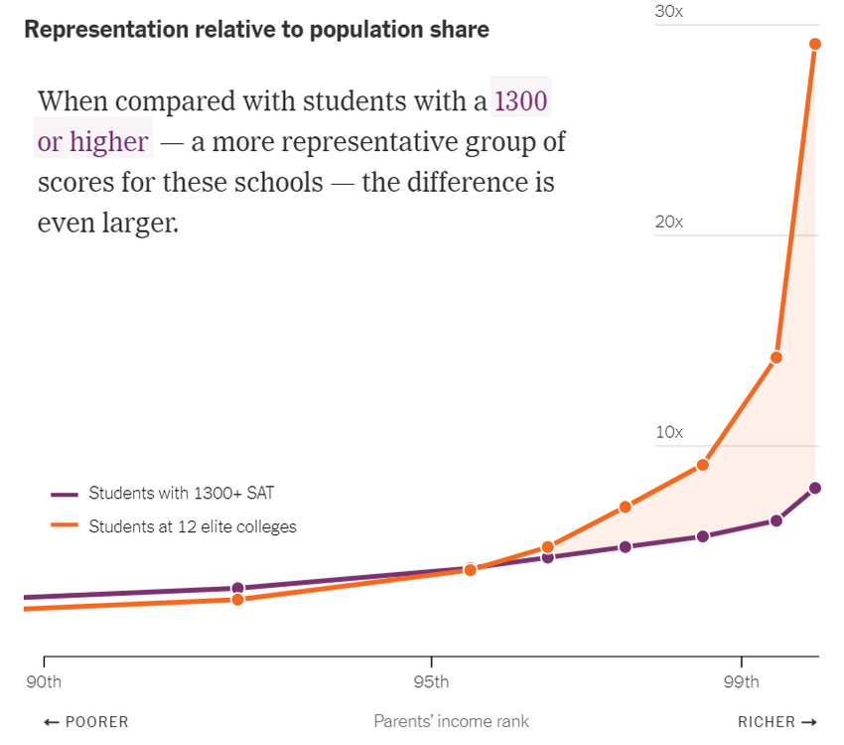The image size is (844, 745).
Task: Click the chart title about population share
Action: [256, 30]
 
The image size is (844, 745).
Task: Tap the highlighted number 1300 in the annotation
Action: [521, 101]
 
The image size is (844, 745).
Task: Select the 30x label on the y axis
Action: [669, 11]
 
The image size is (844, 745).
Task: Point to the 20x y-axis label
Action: [669, 222]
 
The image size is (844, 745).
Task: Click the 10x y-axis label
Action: [669, 432]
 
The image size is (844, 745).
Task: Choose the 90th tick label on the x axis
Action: [43, 682]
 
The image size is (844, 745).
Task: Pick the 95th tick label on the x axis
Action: [431, 682]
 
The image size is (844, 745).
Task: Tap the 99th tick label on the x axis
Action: [741, 682]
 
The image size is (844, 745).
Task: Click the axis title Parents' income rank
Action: [451, 722]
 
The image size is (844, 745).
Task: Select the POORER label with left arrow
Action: [86, 722]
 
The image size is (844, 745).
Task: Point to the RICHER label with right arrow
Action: [777, 722]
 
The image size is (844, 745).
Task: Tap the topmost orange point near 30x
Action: [815, 44]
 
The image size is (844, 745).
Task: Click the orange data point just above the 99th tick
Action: [776, 358]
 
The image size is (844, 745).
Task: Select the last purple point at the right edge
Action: [815, 488]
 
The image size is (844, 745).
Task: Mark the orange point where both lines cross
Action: [471, 569]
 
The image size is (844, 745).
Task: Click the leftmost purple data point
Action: [237, 588]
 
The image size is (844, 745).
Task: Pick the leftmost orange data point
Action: [237, 599]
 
